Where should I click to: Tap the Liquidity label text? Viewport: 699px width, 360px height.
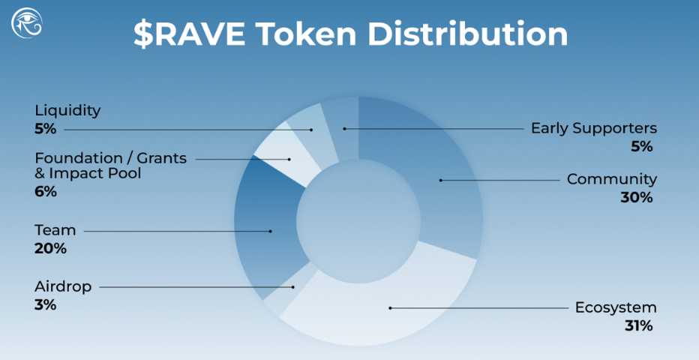tap(67, 111)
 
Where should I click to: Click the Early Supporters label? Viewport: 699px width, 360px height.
tap(593, 128)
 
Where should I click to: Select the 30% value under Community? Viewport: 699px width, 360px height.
tap(637, 198)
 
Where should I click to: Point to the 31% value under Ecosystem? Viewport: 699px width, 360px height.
tap(638, 326)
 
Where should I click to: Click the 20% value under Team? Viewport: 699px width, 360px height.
tap(50, 248)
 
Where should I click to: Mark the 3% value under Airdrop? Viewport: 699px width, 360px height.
tap(45, 304)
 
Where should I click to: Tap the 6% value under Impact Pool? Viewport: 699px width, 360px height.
tap(45, 192)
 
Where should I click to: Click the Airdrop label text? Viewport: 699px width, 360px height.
tap(63, 286)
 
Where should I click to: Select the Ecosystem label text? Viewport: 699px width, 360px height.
tap(615, 307)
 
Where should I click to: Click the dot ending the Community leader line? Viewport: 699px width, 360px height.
tap(441, 180)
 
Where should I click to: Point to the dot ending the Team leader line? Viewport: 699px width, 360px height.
tap(271, 231)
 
